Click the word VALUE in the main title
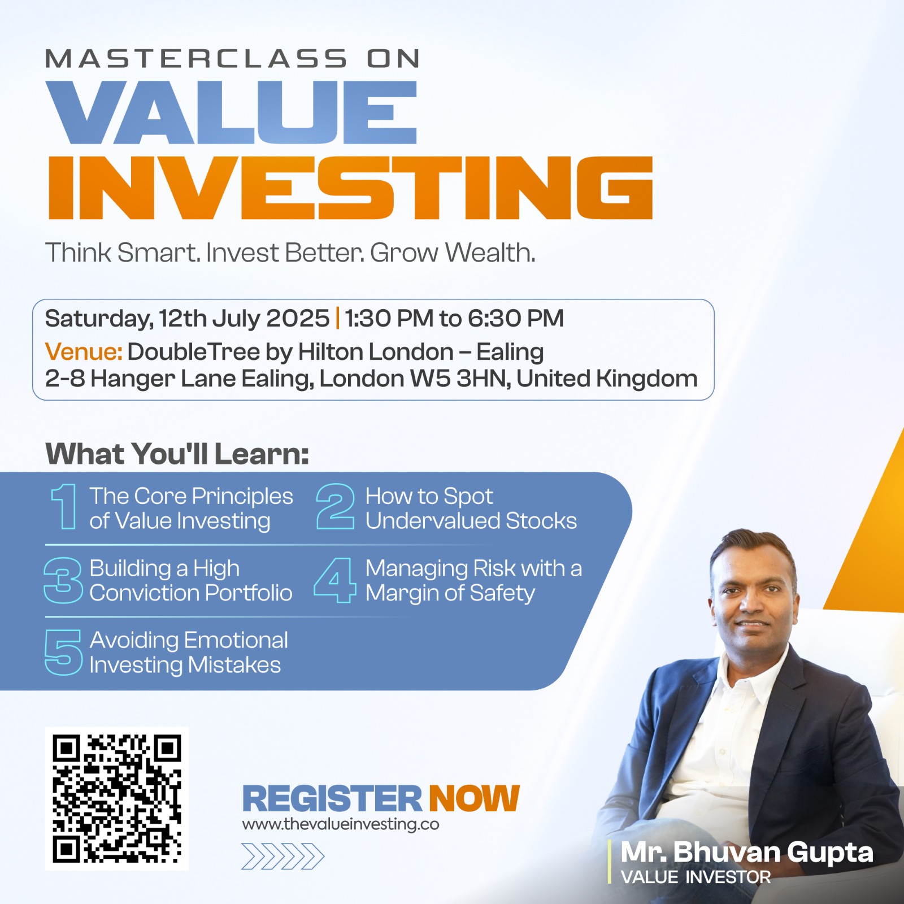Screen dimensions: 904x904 pyautogui.click(x=231, y=112)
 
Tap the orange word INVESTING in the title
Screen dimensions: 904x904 pyautogui.click(x=351, y=188)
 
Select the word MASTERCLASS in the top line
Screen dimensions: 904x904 pyautogui.click(x=196, y=59)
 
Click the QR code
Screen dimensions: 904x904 pyautogui.click(x=117, y=798)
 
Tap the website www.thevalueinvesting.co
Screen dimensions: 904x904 pyautogui.click(x=341, y=824)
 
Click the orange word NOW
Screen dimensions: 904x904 pyautogui.click(x=474, y=798)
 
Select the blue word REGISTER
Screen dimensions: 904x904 pyautogui.click(x=332, y=798)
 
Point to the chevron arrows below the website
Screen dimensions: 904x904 pyautogui.click(x=282, y=856)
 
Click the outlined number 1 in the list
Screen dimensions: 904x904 pyautogui.click(x=64, y=506)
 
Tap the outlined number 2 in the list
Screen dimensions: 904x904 pyautogui.click(x=335, y=506)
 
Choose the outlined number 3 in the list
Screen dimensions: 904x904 pyautogui.click(x=63, y=580)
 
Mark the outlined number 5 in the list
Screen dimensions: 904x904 pyautogui.click(x=63, y=652)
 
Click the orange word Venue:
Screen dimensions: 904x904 pyautogui.click(x=84, y=352)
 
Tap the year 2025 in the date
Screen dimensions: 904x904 pyautogui.click(x=298, y=319)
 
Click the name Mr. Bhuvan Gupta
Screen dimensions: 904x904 pyautogui.click(x=747, y=852)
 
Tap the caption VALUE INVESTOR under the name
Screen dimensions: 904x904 pyautogui.click(x=696, y=877)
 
